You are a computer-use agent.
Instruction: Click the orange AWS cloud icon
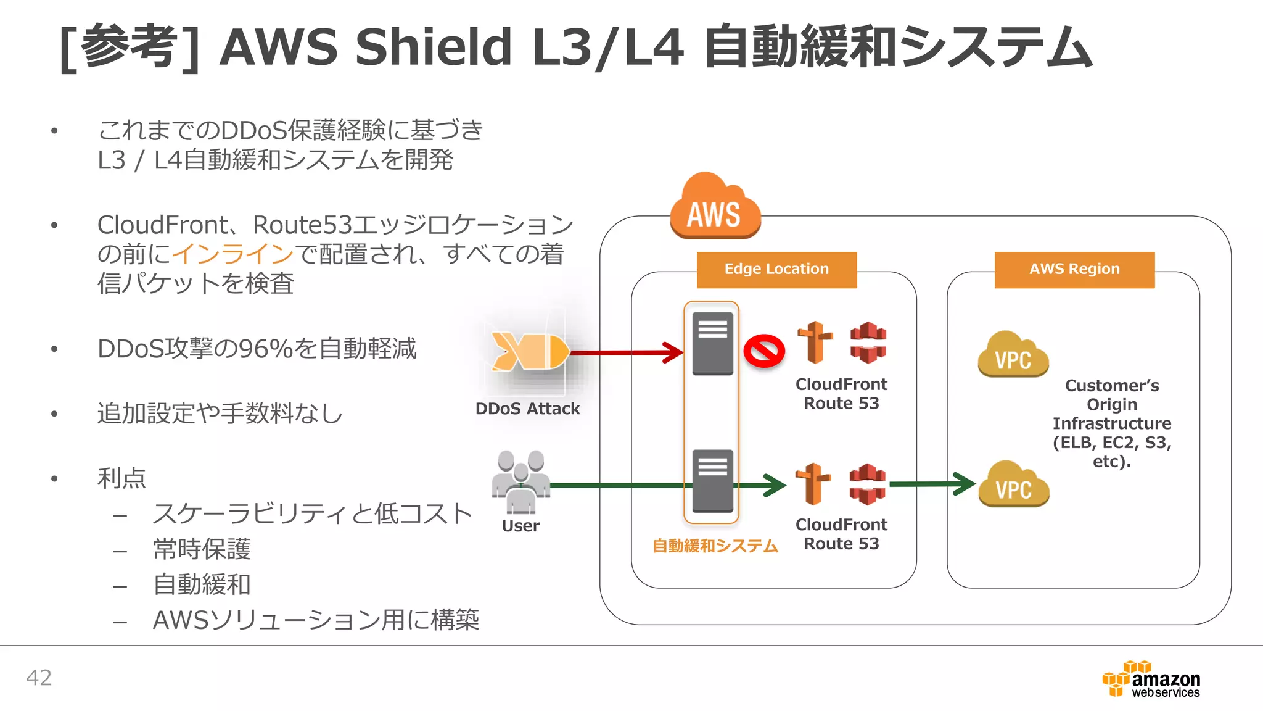[715, 207]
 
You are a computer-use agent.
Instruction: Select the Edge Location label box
[776, 270]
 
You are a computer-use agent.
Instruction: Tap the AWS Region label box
[1074, 270]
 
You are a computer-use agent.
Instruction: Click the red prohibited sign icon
[763, 352]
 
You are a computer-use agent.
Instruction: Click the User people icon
[521, 481]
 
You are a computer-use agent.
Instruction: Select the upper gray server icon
[712, 343]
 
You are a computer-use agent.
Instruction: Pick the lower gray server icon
[712, 481]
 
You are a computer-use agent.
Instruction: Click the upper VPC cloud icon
[1013, 354]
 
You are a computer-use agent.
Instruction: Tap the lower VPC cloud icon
[1013, 484]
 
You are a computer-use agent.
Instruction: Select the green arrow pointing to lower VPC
[931, 484]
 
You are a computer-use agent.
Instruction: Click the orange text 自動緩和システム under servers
[715, 546]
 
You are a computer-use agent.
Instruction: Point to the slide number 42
[39, 678]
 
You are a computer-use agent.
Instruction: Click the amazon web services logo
[1152, 680]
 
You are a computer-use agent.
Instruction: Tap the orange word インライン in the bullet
[232, 254]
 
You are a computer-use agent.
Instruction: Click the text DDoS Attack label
[527, 409]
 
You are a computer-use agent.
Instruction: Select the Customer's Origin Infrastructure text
[1111, 423]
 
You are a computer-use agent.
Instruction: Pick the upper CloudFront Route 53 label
[841, 394]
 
